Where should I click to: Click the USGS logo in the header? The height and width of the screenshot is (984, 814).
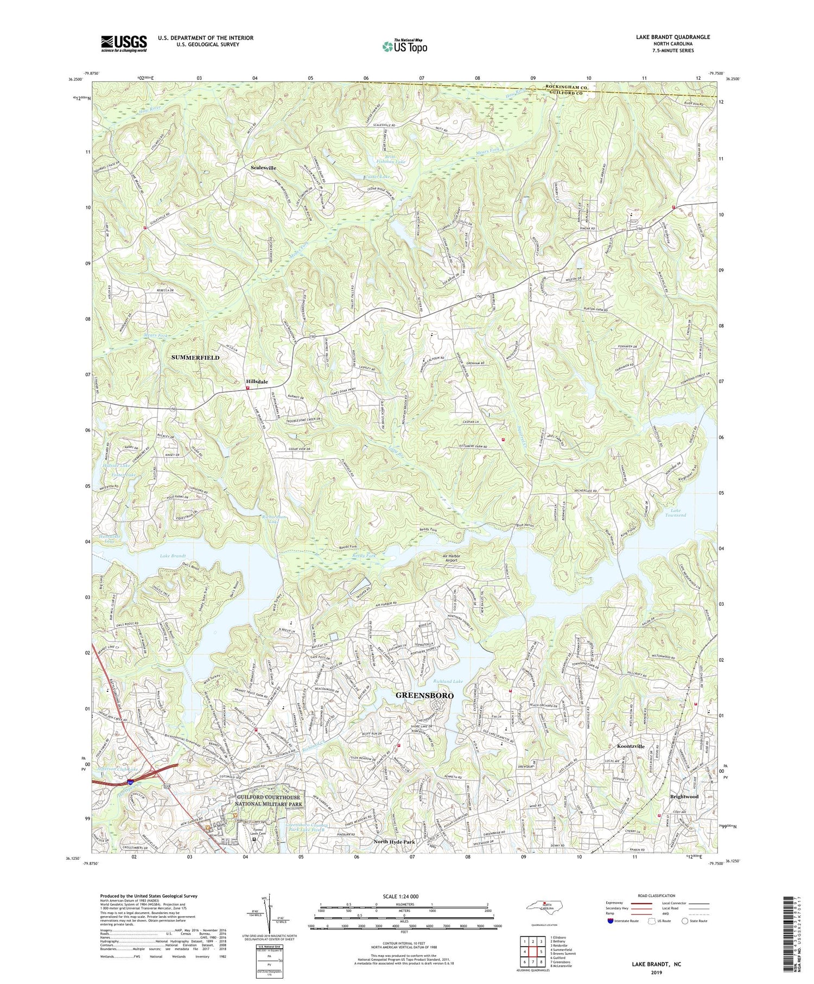pyautogui.click(x=124, y=43)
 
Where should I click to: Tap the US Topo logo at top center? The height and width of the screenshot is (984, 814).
pyautogui.click(x=404, y=47)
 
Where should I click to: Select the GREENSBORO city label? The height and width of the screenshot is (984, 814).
pyautogui.click(x=424, y=695)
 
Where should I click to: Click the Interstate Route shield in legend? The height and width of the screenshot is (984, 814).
pyautogui.click(x=610, y=921)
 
